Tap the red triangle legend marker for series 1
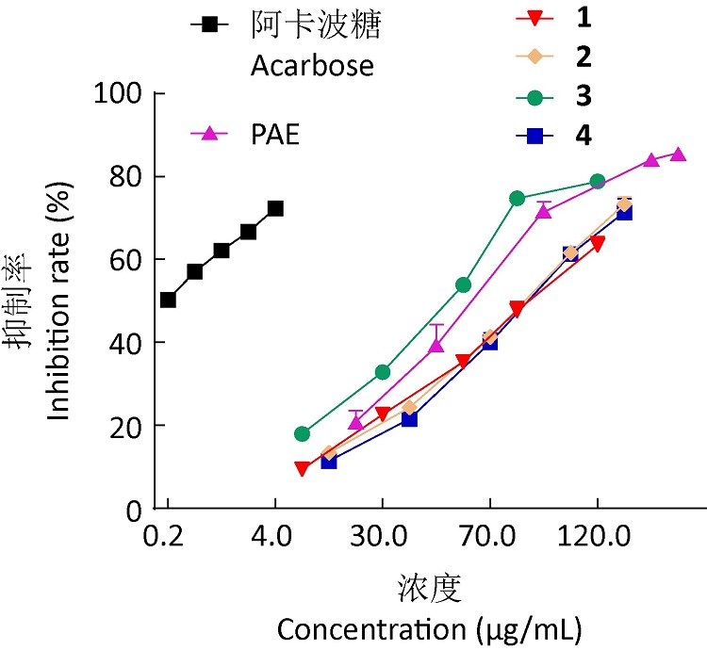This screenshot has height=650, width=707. (x=534, y=18)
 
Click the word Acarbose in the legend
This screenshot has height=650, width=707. (x=311, y=67)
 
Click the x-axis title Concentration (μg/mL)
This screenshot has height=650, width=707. (x=429, y=626)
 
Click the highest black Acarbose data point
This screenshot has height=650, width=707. (x=275, y=208)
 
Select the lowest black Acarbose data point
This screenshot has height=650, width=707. (x=168, y=300)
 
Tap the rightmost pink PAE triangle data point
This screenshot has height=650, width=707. (x=678, y=154)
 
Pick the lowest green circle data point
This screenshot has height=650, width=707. (x=302, y=434)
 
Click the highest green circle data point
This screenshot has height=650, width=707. (x=597, y=181)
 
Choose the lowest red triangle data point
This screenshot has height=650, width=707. (x=302, y=468)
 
